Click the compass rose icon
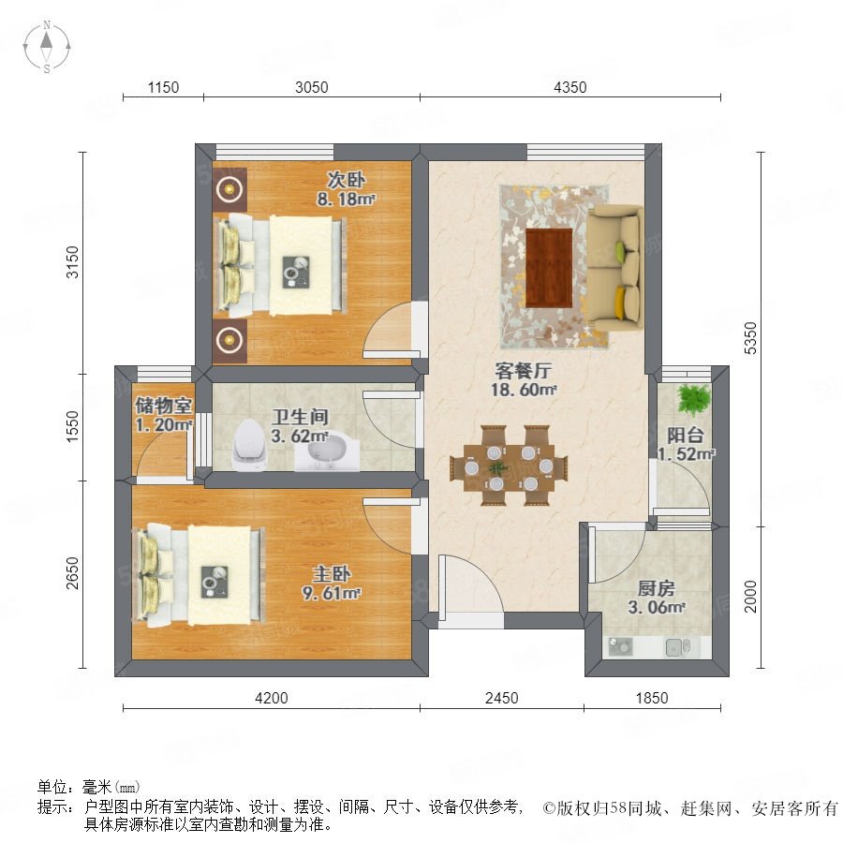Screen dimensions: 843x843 point(47,47)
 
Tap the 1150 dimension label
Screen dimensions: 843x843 point(163,87)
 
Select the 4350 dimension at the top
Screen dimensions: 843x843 point(569,87)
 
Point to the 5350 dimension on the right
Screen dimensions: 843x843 point(750,338)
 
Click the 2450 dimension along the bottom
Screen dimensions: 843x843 point(502,698)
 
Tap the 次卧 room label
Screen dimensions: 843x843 point(346,180)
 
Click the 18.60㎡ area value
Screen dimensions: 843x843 point(523,390)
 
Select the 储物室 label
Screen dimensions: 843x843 point(163,406)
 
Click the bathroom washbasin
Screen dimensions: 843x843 point(327,451)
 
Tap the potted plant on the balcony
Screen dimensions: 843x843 point(693,400)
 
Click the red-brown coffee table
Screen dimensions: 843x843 point(548,268)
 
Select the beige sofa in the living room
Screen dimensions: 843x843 point(614,268)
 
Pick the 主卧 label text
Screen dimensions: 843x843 point(332,574)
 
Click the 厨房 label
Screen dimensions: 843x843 point(656,588)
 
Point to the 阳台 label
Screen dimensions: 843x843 point(686,436)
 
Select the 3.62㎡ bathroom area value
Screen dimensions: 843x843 point(300,436)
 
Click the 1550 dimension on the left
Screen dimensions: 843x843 point(72,426)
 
